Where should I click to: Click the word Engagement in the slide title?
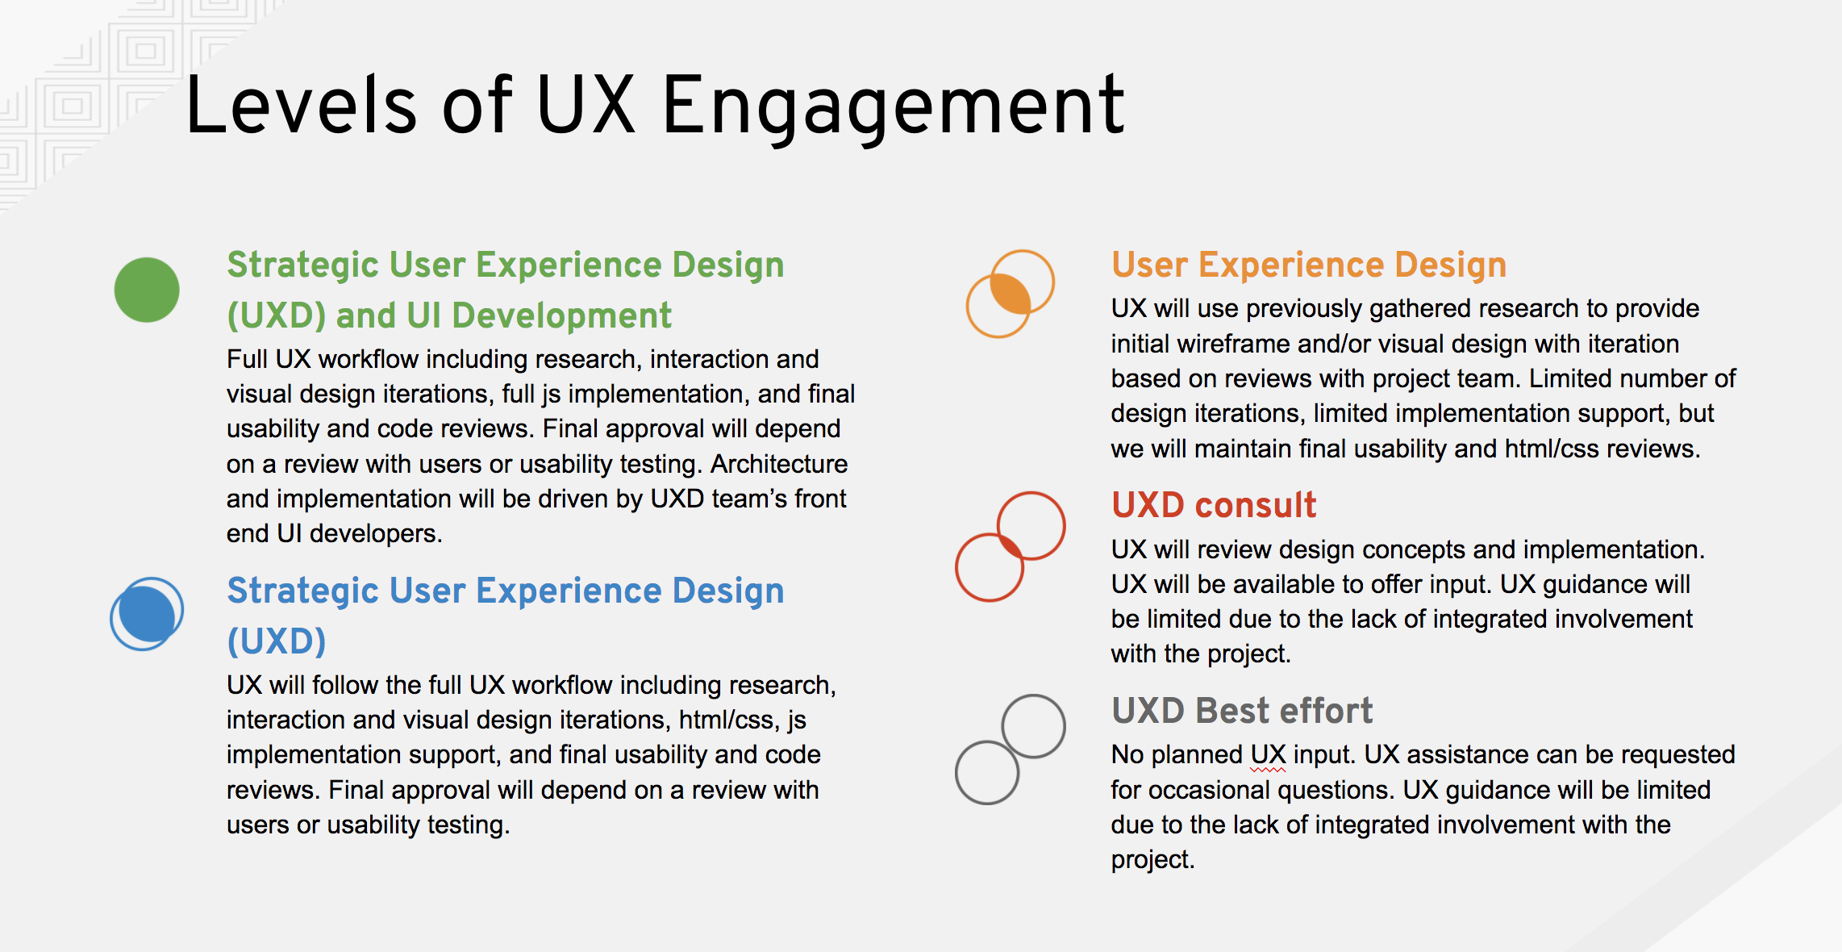click(893, 108)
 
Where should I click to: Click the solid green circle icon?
click(147, 290)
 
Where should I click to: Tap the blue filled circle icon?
click(146, 614)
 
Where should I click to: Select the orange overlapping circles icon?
click(1010, 293)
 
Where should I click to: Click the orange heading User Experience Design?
click(1308, 265)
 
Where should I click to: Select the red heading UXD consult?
click(1213, 505)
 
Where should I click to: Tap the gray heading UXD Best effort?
click(1242, 711)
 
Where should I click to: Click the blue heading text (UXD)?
click(277, 641)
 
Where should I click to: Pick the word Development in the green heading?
click(560, 315)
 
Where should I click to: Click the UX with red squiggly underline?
click(1268, 754)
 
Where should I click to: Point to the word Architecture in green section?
click(779, 464)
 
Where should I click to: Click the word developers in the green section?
click(375, 534)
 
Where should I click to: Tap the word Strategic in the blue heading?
click(303, 591)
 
